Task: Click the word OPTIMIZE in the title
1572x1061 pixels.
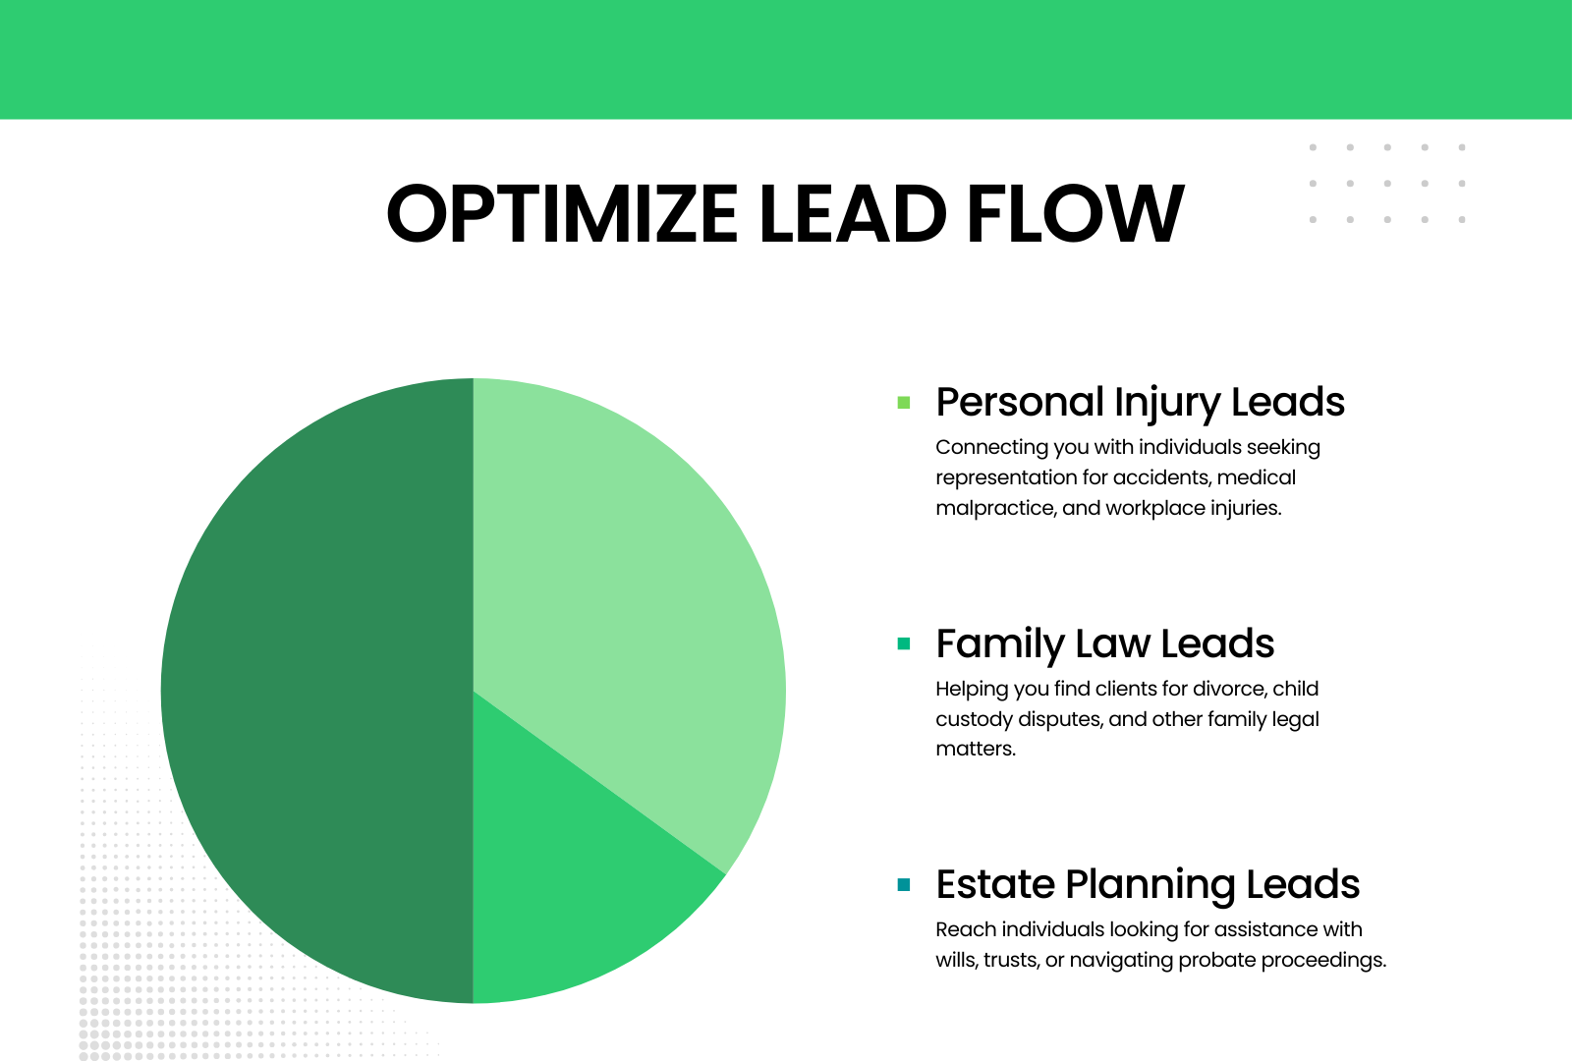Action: [x=561, y=213]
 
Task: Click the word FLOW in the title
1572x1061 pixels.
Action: [x=1075, y=213]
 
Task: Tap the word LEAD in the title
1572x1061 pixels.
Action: [x=853, y=213]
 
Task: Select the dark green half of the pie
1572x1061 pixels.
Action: [x=315, y=692]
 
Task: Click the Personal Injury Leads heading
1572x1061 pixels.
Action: [x=1141, y=404]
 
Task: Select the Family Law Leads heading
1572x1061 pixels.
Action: [x=1105, y=644]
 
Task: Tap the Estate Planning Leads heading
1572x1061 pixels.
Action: [x=1149, y=885]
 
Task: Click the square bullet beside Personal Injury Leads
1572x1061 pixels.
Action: [x=904, y=403]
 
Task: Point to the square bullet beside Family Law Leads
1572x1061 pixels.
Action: [x=904, y=643]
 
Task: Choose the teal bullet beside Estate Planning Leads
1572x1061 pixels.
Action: [x=904, y=885]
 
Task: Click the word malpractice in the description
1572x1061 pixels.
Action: [x=996, y=508]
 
